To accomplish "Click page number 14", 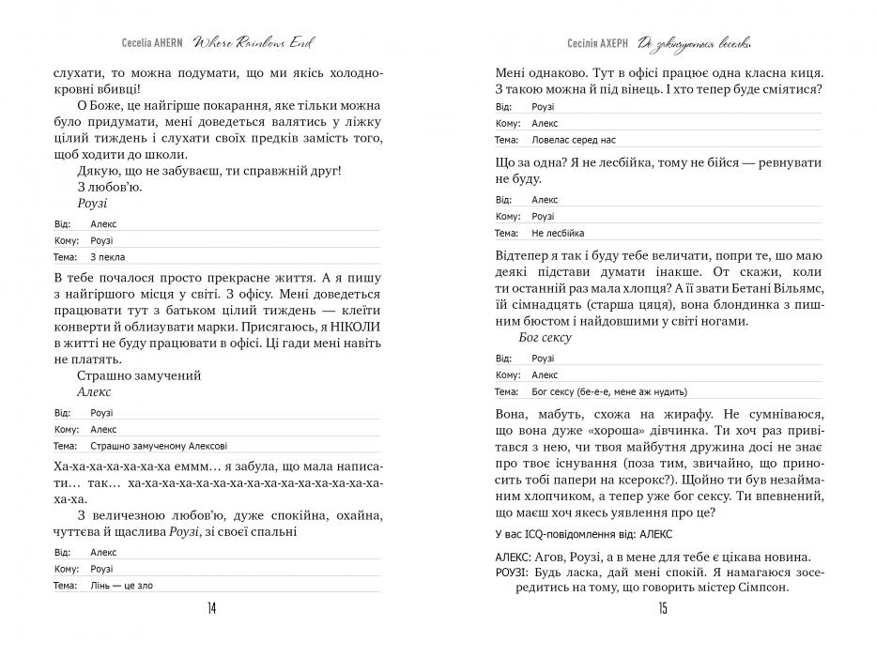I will tap(211, 609).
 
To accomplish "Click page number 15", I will tap(663, 609).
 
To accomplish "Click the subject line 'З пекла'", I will tap(107, 256).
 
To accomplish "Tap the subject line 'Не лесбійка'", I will tap(558, 232).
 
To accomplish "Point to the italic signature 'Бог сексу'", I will tap(545, 338).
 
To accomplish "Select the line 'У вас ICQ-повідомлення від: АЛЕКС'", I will tap(577, 535).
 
